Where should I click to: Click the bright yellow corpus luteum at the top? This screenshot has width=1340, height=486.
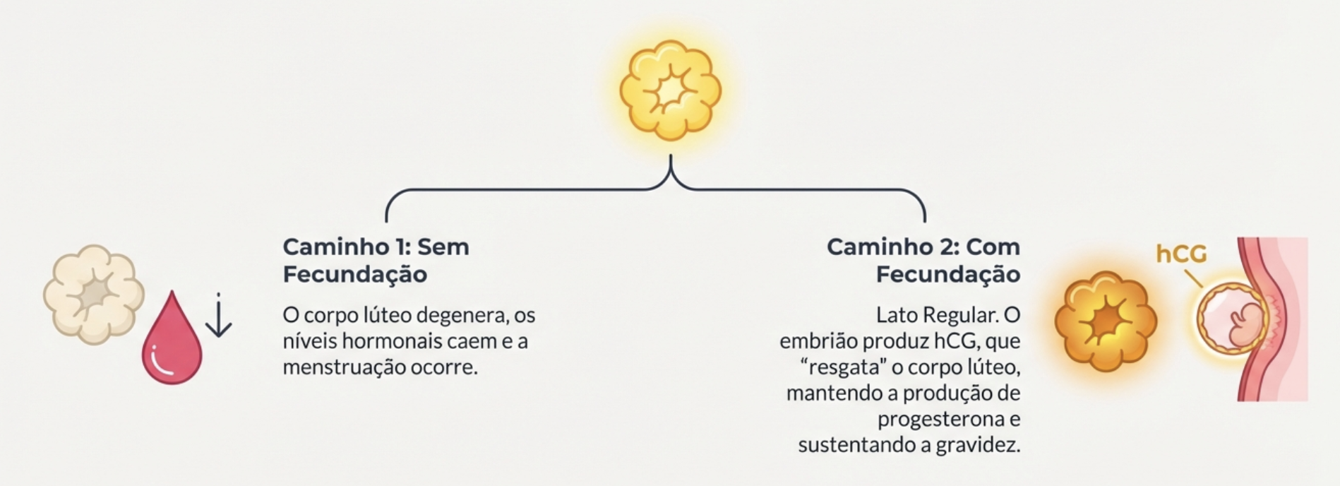point(670,90)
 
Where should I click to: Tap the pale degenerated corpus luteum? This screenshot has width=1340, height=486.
point(93,295)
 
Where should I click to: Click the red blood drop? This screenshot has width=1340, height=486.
point(172,341)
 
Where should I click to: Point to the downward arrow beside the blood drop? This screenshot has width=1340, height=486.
point(219,316)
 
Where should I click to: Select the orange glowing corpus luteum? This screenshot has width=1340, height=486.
point(1106,321)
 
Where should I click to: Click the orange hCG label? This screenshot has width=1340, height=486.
point(1180,254)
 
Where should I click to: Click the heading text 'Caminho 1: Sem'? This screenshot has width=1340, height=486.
point(376,247)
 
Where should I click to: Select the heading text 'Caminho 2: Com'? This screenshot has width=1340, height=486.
point(923,247)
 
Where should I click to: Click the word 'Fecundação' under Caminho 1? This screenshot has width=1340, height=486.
point(354,274)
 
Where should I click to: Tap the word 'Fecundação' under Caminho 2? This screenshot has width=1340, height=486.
point(947,274)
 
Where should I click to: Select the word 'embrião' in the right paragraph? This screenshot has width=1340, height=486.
point(818,341)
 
